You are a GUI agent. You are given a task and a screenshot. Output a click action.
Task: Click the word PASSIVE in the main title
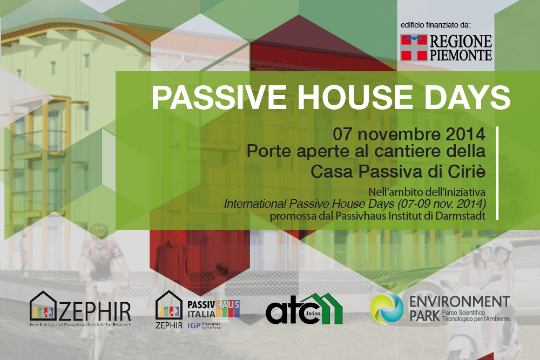(219, 97)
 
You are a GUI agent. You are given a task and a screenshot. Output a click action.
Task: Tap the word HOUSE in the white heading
(355, 97)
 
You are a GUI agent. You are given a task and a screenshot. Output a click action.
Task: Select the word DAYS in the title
(467, 97)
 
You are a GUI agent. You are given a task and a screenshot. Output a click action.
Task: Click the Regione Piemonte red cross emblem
(414, 47)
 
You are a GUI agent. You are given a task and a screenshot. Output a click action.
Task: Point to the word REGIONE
(461, 42)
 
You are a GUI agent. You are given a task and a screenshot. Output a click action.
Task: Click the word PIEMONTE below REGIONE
(461, 55)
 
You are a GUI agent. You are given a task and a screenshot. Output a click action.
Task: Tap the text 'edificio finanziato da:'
(435, 25)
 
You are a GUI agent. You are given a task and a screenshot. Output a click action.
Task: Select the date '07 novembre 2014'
(409, 134)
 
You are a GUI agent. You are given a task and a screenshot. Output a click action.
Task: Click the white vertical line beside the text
(497, 173)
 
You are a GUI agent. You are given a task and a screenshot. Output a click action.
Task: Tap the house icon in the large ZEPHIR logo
(43, 307)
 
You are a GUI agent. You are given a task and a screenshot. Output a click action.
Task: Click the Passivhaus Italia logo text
(213, 309)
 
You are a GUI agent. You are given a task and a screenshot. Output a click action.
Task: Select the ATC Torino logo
(304, 309)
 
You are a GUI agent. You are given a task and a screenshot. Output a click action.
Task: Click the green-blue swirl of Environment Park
(387, 309)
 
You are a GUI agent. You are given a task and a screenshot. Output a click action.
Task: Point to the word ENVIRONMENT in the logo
(460, 302)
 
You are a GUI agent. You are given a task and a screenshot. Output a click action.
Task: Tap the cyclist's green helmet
(99, 229)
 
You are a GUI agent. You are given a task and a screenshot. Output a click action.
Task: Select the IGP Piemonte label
(204, 325)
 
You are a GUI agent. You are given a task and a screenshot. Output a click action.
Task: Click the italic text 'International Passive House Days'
(309, 203)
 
